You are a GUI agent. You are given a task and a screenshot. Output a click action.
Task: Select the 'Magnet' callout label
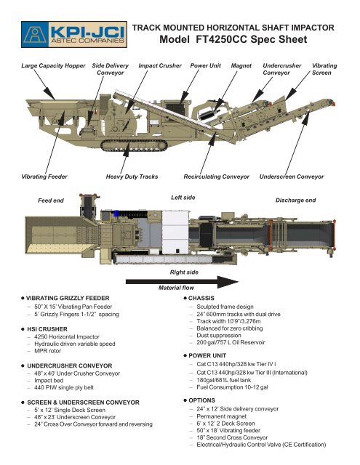pos(241,65)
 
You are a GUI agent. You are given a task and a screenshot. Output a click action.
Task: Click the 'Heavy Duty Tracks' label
pos(132,177)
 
